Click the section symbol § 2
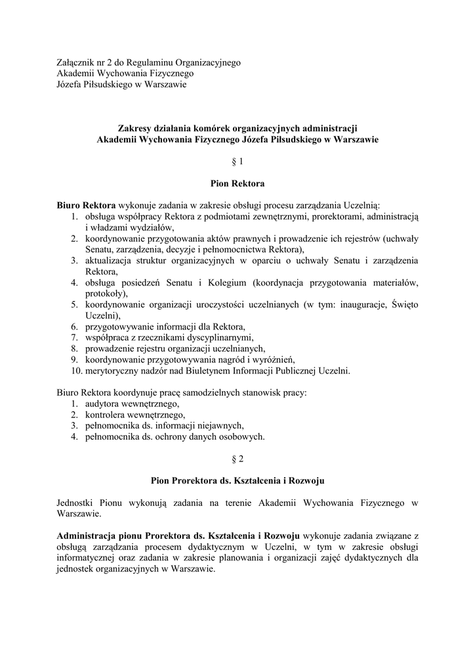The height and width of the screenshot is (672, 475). [237, 459]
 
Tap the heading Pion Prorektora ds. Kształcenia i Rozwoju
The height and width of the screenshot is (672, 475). [237, 481]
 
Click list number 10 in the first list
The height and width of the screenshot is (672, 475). [75, 371]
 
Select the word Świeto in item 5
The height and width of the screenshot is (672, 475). [403, 304]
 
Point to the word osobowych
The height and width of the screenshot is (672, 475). [242, 436]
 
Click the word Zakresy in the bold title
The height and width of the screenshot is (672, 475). [135, 128]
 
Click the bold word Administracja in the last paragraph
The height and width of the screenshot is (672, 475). [88, 535]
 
